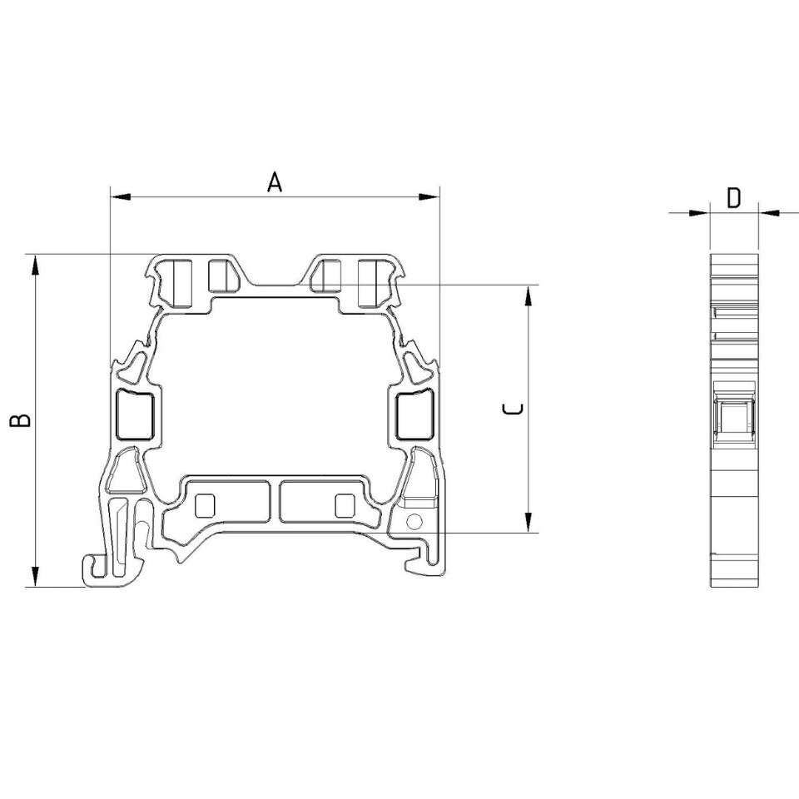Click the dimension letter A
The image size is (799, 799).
pos(275,182)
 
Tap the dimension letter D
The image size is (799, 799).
pos(733,198)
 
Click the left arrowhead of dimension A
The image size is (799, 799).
pos(121,196)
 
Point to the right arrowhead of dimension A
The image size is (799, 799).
pos(429,196)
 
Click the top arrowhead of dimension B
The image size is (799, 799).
pos(35,265)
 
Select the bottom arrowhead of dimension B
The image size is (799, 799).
pos(35,576)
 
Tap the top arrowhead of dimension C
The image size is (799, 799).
pos(529,296)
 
